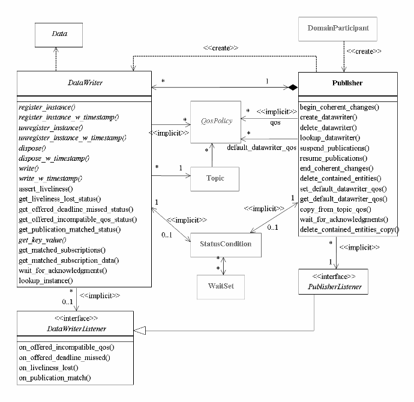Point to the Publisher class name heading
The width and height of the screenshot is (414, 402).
pos(347,83)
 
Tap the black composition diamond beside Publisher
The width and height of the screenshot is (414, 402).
pos(292,88)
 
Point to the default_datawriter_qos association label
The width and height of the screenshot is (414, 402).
pos(261,146)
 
